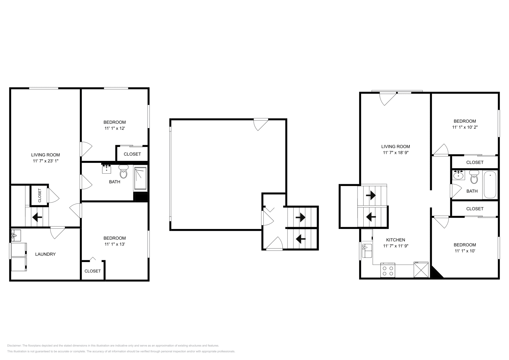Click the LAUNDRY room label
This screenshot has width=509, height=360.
pos(45,254)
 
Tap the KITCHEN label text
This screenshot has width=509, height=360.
pos(395,240)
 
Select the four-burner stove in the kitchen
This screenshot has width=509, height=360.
pos(388,270)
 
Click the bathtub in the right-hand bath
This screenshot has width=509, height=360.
pos(490,185)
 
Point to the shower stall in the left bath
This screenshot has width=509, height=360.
pos(140,179)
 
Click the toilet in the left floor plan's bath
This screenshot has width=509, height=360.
pos(123,172)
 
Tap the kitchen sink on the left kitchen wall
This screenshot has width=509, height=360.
pos(367,251)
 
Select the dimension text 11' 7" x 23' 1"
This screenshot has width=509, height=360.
pos(45,161)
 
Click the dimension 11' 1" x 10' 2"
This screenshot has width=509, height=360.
pos(464,127)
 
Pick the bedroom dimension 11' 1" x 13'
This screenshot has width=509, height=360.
pos(115,244)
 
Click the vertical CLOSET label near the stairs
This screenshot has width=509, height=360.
pos(40,195)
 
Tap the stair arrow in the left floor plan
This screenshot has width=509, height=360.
pos(37,218)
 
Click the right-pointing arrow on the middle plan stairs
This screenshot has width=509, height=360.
pos(300,218)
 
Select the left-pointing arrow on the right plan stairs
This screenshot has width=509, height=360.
pos(371,217)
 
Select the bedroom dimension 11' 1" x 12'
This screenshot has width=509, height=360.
pos(115,128)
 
